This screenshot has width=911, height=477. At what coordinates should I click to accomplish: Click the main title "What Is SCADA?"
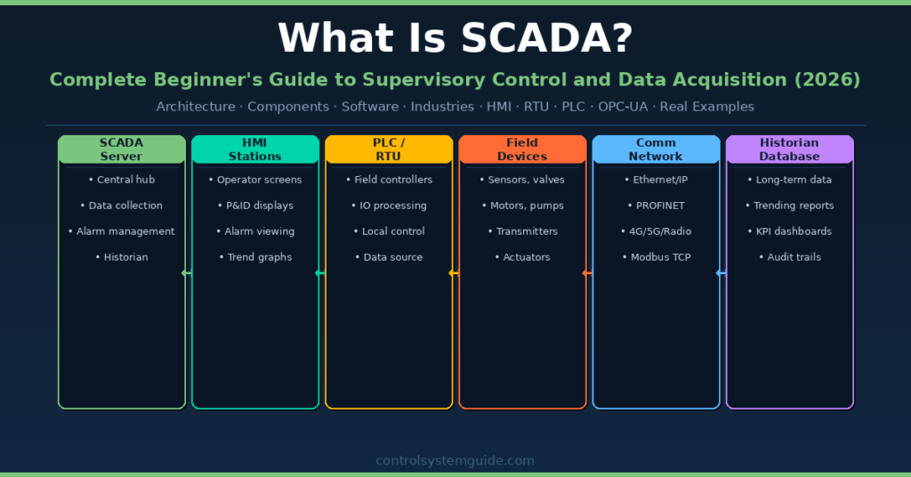coord(455,38)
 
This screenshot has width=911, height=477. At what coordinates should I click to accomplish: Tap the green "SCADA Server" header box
coord(122,150)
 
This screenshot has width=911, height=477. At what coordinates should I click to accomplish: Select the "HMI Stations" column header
coord(255,150)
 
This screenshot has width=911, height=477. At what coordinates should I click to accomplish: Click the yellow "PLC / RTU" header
coord(389,150)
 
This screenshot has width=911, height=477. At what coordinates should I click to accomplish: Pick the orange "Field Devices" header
coord(522,150)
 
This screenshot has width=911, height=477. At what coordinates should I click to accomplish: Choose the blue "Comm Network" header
coord(656,150)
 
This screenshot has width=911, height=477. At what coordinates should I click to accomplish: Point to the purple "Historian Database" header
coord(789,150)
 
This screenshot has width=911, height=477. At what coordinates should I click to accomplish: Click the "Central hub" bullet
coord(122,180)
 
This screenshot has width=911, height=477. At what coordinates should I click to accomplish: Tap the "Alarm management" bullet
coord(122,231)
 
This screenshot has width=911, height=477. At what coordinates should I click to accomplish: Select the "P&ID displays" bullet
coord(255,206)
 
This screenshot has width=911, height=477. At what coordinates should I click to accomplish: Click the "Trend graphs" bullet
coord(255,257)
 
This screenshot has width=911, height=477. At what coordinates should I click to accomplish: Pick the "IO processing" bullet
coord(389,206)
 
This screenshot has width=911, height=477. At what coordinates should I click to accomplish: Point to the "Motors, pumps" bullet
coord(522,206)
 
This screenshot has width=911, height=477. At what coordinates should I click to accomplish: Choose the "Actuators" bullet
coord(522,257)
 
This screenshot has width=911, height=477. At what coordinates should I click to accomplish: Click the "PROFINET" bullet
coord(656,206)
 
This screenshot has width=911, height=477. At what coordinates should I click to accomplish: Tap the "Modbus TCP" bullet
coord(656,257)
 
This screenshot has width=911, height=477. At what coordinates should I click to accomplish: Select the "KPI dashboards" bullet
coord(789,231)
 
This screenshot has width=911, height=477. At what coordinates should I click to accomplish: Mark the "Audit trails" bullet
coord(789,257)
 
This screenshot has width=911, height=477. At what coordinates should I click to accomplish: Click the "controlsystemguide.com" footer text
coord(455,461)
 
